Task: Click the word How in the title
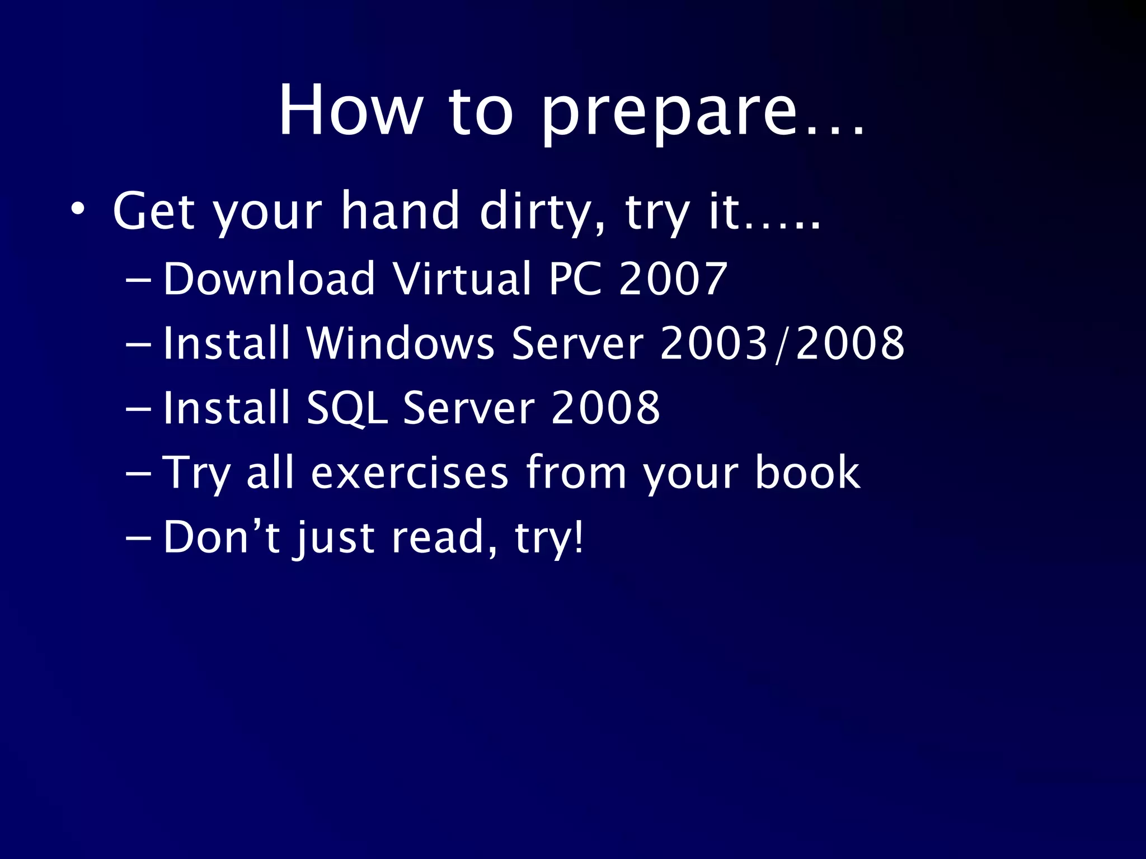[350, 110]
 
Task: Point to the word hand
[400, 211]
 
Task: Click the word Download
[269, 279]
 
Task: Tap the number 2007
[672, 279]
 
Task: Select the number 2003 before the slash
[713, 343]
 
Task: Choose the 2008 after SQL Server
[605, 408]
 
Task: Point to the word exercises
[410, 473]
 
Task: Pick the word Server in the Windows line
[577, 343]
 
